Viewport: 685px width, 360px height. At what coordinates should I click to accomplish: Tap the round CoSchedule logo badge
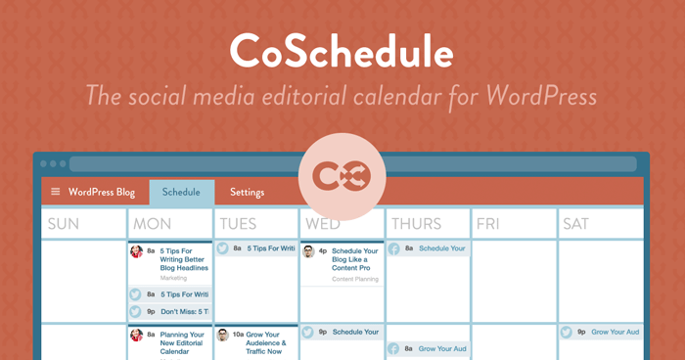[342, 177]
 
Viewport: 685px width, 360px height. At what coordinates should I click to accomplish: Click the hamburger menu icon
[56, 192]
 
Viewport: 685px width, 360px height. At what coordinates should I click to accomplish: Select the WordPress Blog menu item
[102, 192]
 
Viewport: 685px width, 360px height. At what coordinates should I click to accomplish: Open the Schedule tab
[181, 192]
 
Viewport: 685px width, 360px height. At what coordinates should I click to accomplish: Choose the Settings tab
[247, 192]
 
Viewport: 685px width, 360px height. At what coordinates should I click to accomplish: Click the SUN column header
[64, 224]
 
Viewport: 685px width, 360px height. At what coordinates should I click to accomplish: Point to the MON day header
[153, 224]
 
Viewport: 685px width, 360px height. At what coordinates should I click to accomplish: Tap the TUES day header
[239, 224]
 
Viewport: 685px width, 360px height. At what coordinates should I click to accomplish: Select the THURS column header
[416, 224]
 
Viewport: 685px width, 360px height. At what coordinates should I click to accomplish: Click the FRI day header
[488, 224]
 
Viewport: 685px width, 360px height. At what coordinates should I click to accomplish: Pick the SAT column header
[576, 224]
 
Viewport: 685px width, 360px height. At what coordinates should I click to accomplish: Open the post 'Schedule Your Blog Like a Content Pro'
[354, 259]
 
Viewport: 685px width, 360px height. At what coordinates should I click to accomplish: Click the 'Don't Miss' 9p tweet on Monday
[184, 312]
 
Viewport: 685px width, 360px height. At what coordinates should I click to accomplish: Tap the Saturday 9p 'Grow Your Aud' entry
[614, 332]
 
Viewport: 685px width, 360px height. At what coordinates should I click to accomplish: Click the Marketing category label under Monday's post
[174, 278]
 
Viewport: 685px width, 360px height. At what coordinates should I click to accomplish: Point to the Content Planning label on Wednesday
[355, 279]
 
